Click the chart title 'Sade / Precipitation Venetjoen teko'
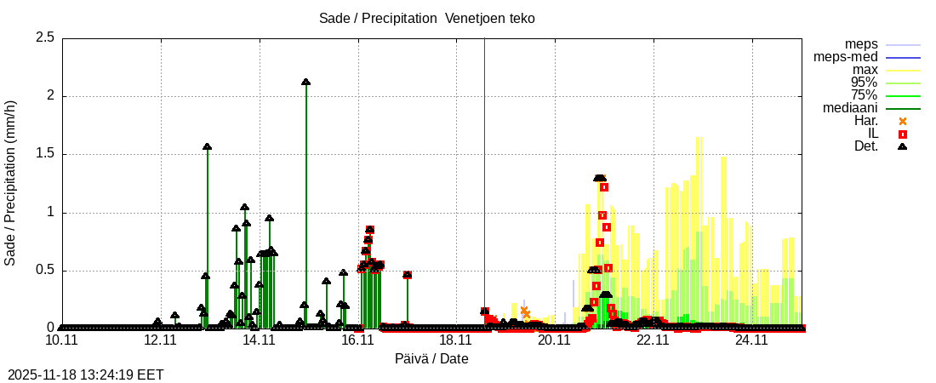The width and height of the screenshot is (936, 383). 426,18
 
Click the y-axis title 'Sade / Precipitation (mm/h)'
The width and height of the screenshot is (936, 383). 10,183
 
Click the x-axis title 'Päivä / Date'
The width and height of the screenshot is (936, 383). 431,358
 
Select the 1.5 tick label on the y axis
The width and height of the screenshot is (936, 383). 45,154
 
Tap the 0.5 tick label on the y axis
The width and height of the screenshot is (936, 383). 45,271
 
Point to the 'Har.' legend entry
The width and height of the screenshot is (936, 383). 866,121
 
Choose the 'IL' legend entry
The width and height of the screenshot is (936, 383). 872,134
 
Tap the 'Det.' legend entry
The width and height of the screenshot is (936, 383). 866,146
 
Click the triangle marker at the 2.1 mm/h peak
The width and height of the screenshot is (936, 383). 305,82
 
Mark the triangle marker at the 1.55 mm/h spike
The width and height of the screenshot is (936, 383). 207,146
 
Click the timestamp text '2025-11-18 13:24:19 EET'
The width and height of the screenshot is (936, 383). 85,374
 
